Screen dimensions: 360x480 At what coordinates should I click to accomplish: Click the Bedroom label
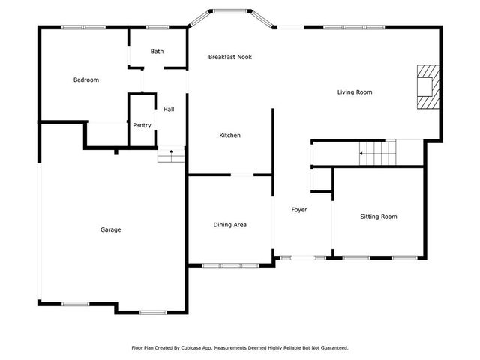pyautogui.click(x=85, y=79)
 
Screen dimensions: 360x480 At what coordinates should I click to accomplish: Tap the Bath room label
pyautogui.click(x=157, y=52)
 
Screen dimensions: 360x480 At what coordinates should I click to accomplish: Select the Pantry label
pyautogui.click(x=142, y=125)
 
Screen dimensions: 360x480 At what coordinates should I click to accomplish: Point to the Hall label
pyautogui.click(x=169, y=109)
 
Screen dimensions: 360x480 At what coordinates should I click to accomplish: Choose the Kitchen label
pyautogui.click(x=229, y=136)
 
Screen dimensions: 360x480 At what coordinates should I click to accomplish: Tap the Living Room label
pyautogui.click(x=354, y=92)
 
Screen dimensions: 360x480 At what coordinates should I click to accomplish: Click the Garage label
pyautogui.click(x=110, y=229)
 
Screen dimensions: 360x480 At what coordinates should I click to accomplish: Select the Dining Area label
pyautogui.click(x=230, y=225)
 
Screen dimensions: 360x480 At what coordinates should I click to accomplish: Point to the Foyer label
pyautogui.click(x=299, y=209)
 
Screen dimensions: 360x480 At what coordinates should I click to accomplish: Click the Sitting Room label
pyautogui.click(x=378, y=217)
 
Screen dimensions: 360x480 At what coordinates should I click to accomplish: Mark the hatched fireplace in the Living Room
pyautogui.click(x=427, y=87)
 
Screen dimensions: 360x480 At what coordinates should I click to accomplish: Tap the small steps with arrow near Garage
pyautogui.click(x=171, y=155)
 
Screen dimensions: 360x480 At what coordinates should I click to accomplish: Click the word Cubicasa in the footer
pyautogui.click(x=196, y=348)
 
